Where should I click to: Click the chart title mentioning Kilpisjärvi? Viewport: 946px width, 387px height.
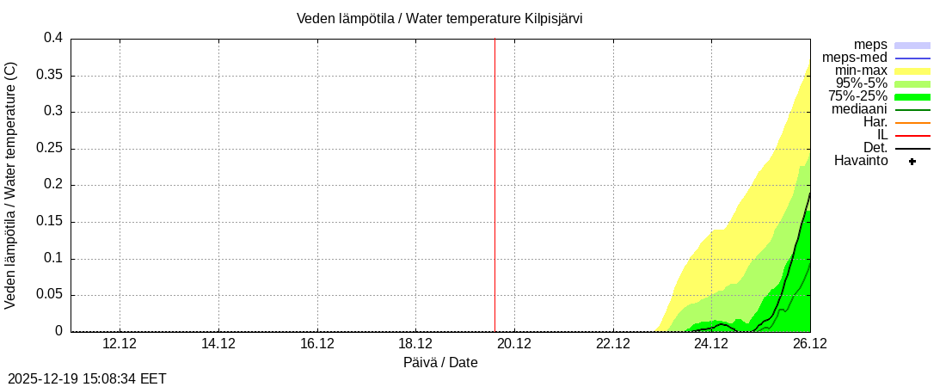pos(439,18)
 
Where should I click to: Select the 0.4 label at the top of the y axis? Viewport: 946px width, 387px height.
pos(53,39)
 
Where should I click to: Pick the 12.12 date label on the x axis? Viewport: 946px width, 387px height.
pos(120,344)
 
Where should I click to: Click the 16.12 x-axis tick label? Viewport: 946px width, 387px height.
pos(317,344)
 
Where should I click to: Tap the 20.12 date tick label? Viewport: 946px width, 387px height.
pos(514,344)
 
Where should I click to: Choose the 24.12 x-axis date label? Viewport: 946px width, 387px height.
pos(711,344)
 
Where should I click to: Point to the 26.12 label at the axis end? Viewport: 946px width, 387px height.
pos(809,344)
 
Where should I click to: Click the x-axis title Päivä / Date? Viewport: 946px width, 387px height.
pos(440,363)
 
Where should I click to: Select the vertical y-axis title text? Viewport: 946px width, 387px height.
pos(11,185)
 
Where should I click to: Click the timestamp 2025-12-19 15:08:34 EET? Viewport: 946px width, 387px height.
pos(87,378)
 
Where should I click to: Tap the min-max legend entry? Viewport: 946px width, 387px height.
pos(861,71)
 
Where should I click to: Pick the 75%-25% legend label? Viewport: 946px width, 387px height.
pos(857,96)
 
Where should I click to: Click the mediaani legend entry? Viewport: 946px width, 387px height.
pos(859,109)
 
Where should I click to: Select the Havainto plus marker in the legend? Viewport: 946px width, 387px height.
pos(912,161)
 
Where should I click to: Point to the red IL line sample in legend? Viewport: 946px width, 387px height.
pos(912,135)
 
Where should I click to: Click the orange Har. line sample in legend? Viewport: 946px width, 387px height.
pos(912,122)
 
